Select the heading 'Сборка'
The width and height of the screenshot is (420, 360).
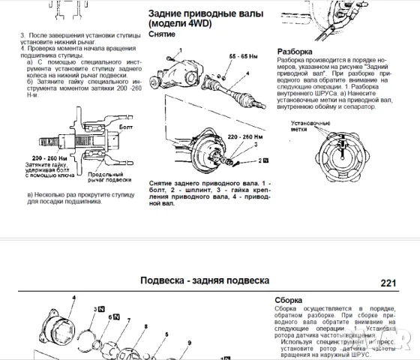point(289,298)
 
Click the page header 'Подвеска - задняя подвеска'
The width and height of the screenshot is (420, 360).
point(205,281)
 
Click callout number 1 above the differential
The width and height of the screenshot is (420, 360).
point(171,49)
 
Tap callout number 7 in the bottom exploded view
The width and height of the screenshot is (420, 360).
point(127,321)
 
